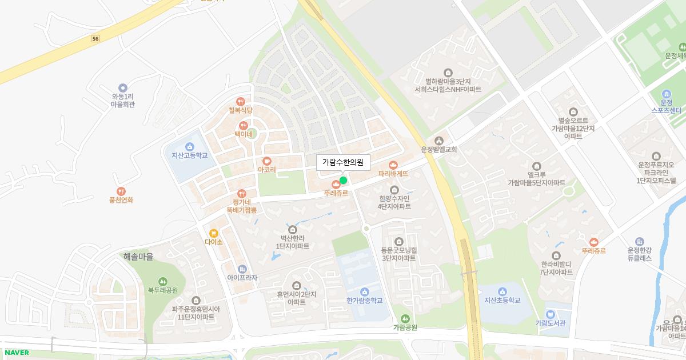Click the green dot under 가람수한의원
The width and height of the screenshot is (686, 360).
tap(343, 181)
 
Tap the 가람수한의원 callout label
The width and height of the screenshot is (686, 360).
tap(343, 162)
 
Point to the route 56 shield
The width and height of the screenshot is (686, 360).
tap(95, 38)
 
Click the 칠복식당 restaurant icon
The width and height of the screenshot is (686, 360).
tap(240, 101)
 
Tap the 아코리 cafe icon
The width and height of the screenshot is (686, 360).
tap(266, 161)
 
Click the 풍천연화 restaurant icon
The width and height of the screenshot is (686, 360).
tap(121, 191)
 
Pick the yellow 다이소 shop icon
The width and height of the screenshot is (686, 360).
tap(213, 233)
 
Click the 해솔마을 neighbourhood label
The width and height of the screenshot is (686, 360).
tap(138, 257)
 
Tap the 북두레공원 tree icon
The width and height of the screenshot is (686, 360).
tap(163, 281)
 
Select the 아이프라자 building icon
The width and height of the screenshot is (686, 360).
tap(242, 269)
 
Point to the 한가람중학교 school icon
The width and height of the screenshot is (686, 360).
tap(365, 292)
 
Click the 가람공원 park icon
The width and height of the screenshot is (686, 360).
tap(405, 318)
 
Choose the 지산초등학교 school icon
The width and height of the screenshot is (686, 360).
tap(502, 291)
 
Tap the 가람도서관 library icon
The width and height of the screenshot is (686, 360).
tap(550, 314)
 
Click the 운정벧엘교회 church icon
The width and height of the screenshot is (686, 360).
tap(439, 141)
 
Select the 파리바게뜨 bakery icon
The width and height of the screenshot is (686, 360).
tap(393, 165)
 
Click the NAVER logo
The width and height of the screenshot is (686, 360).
tap(17, 353)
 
